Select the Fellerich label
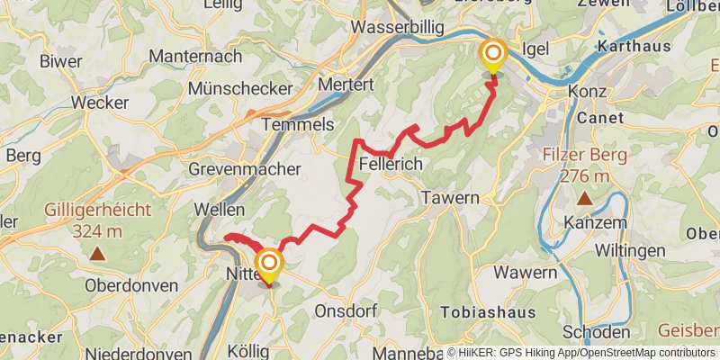391,164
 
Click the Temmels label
298,124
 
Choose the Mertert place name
346,84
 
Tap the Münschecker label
240,89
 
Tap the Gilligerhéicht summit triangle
96,255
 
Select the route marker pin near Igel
493,56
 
